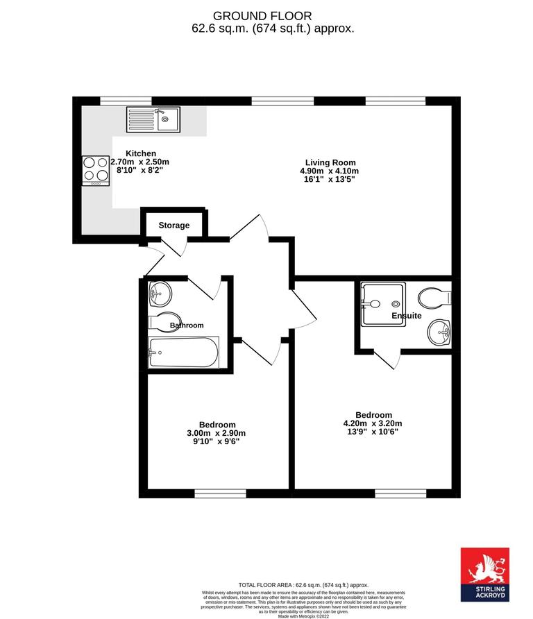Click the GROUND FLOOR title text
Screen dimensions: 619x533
pyautogui.click(x=262, y=15)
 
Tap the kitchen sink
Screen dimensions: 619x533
pyautogui.click(x=153, y=119)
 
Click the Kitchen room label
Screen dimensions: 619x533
pyautogui.click(x=140, y=153)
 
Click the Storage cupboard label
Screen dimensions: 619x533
pyautogui.click(x=174, y=226)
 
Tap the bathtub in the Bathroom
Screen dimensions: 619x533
pyautogui.click(x=183, y=352)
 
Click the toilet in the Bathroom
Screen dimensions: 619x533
pyautogui.click(x=165, y=323)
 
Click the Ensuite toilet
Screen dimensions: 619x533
pyautogui.click(x=436, y=297)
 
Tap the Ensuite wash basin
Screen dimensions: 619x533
pyautogui.click(x=439, y=332)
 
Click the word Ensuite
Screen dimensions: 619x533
pyautogui.click(x=406, y=316)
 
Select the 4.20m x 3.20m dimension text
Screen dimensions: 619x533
pyautogui.click(x=373, y=423)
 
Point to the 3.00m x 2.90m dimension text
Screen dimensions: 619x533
pyautogui.click(x=217, y=433)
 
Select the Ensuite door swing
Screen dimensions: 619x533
pyautogui.click(x=389, y=360)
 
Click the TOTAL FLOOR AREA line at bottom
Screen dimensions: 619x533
pyautogui.click(x=303, y=586)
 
